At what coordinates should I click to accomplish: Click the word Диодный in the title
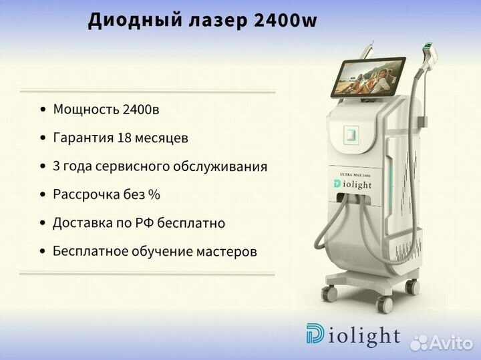click(135, 20)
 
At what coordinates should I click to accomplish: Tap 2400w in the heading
click(286, 20)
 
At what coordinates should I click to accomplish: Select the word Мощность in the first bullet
click(86, 110)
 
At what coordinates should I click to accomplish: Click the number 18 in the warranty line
click(124, 138)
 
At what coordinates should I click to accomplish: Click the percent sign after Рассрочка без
click(154, 194)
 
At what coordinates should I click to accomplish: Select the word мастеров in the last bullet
click(226, 251)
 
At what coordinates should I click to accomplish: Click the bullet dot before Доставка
click(43, 223)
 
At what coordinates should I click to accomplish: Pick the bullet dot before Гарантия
click(43, 138)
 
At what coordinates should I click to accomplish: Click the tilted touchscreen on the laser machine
click(368, 77)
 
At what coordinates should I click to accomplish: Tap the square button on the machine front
click(351, 134)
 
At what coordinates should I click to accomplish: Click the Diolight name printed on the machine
click(353, 184)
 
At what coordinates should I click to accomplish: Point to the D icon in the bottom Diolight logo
click(315, 333)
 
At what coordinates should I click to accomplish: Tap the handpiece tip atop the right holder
click(430, 49)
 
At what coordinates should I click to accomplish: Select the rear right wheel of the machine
click(412, 287)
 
